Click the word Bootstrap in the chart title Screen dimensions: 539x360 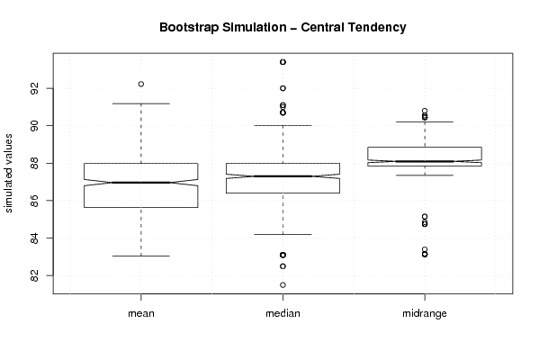189,28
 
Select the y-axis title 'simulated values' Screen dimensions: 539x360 7,174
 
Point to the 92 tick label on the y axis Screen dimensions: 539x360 34,88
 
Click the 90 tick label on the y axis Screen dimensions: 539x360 34,126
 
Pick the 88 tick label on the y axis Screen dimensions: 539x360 34,163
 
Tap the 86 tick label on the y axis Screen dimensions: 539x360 34,201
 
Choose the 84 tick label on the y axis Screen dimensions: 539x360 34,238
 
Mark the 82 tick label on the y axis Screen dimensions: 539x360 34,275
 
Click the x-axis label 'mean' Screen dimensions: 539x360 141,313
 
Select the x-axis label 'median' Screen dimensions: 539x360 283,313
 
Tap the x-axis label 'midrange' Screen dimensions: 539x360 425,313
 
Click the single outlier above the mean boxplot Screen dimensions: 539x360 141,84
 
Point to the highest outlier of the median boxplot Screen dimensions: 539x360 283,62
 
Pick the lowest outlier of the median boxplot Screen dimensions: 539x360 283,285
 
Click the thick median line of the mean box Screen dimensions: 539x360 141,183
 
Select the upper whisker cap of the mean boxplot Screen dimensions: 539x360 141,103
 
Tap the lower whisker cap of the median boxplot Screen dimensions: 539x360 283,235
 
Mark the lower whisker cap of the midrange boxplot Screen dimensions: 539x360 425,175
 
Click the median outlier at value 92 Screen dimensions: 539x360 283,88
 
